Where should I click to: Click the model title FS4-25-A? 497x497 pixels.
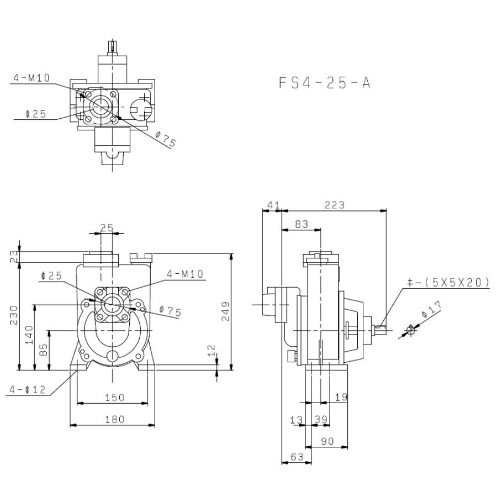tap(324, 83)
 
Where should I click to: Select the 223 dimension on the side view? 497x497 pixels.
tap(334, 205)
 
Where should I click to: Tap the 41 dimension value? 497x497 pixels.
tap(272, 205)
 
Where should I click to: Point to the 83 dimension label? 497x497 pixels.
tap(302, 224)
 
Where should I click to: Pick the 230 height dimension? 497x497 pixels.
tap(13, 316)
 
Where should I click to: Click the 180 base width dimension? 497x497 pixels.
tap(114, 419)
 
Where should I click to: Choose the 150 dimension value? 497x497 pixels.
tap(114, 397)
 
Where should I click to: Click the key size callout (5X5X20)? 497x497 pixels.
tap(448, 283)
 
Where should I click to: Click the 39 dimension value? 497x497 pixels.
tap(321, 420)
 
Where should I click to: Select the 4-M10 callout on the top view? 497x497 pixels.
tap(31, 78)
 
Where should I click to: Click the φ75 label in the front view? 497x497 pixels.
tap(170, 312)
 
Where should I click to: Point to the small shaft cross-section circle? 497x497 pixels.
tap(410, 330)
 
